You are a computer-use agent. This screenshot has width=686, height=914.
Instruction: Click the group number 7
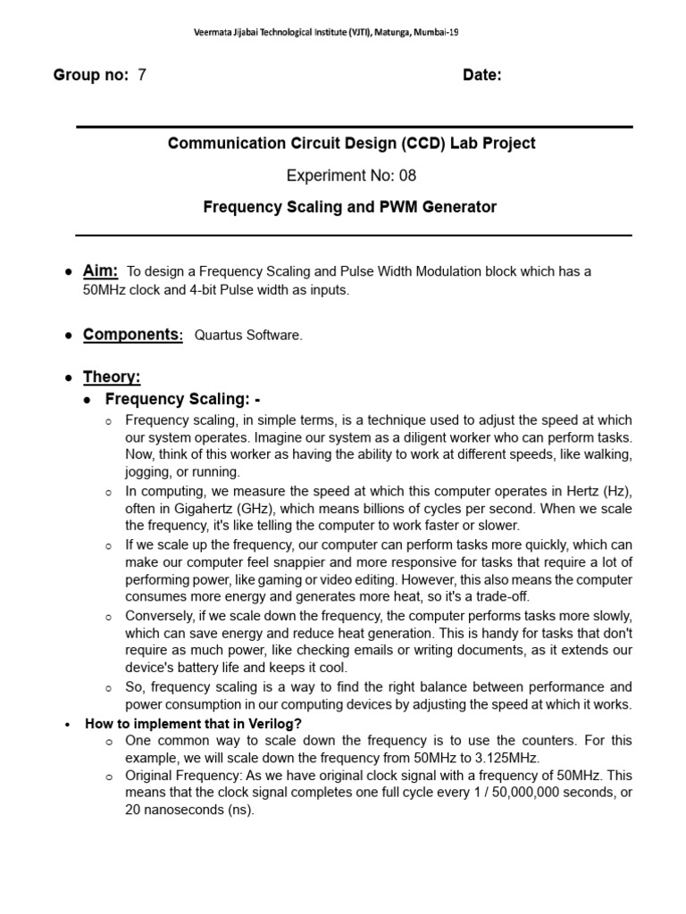point(141,75)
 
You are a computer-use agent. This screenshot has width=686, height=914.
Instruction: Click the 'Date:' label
point(481,75)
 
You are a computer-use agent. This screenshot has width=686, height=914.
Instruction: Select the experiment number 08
point(407,175)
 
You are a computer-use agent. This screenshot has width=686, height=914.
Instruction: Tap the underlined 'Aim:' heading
point(100,271)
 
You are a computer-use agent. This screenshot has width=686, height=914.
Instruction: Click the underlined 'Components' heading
point(131,335)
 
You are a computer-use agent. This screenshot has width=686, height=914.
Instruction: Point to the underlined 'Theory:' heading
point(112,378)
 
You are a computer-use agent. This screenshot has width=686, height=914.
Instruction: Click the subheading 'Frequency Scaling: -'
point(182,399)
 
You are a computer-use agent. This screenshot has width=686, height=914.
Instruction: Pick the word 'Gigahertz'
point(187,508)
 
